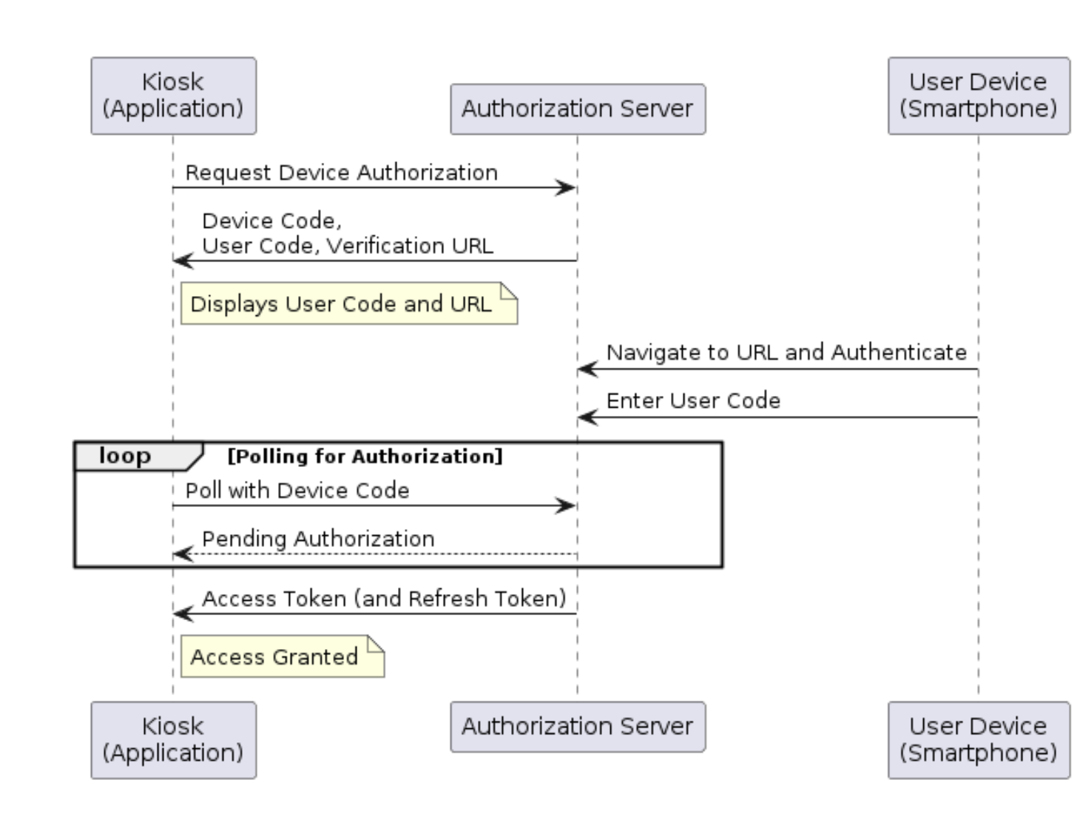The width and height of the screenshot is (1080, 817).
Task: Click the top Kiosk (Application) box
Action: pos(173,95)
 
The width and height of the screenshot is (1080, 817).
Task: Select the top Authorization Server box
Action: pos(577,109)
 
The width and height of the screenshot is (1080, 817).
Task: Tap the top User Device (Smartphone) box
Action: pos(978,95)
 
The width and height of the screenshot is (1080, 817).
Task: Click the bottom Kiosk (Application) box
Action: pos(173,739)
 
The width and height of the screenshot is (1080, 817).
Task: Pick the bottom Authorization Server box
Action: pos(577,726)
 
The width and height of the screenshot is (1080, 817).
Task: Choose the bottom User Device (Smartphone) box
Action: pos(978,739)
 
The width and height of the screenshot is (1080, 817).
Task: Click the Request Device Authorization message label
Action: pos(341,172)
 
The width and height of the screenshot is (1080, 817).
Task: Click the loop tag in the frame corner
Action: pos(125,456)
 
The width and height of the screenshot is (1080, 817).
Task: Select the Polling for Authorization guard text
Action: pos(365,456)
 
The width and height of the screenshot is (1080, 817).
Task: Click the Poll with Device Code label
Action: pos(297,490)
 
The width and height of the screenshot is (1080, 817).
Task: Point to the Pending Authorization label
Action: pos(318,539)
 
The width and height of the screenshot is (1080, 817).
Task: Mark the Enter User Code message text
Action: pos(693,400)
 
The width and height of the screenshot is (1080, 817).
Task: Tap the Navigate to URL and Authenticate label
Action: pos(786,352)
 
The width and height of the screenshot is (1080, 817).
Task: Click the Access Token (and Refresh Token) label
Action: pos(384,598)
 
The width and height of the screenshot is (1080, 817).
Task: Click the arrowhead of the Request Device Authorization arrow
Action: pos(568,188)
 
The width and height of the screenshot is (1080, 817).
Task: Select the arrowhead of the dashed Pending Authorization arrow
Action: pos(182,554)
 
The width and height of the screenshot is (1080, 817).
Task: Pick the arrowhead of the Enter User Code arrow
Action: pos(587,417)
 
